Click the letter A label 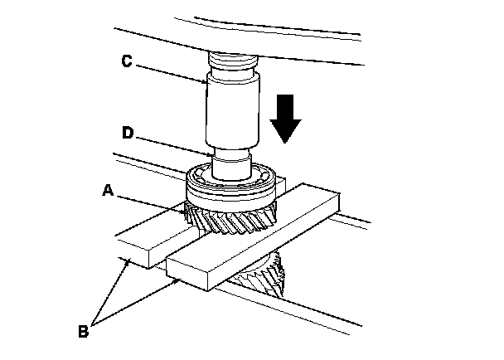click(x=109, y=190)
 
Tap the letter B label click(x=83, y=332)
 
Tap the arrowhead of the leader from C click(x=208, y=80)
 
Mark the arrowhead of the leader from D click(x=212, y=153)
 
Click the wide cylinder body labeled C click(x=231, y=108)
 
